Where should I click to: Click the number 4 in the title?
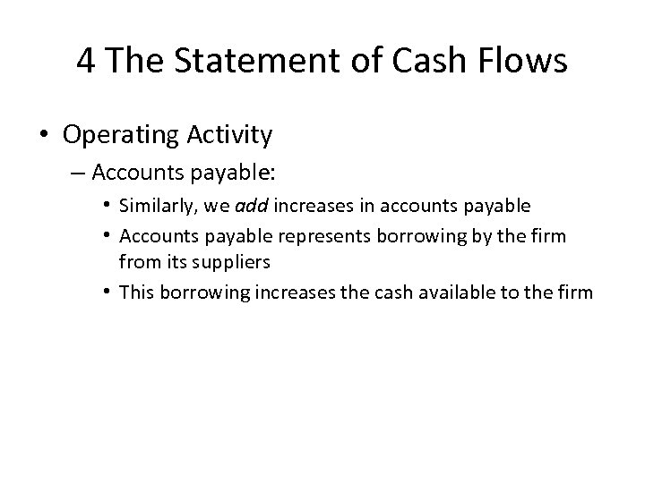coord(87,61)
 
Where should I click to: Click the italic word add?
coord(252,207)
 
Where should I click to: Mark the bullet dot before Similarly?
coord(108,207)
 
